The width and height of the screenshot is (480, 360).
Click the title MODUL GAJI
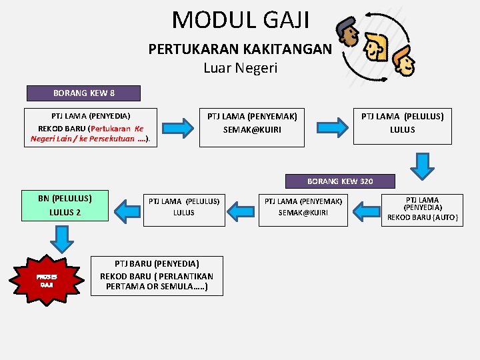[240, 20]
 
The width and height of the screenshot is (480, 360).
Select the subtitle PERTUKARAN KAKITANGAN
[239, 49]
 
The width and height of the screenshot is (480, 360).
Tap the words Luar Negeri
[240, 67]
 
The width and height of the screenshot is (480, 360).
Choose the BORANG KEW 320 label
[340, 181]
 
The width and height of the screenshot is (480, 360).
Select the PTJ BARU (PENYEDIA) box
[157, 275]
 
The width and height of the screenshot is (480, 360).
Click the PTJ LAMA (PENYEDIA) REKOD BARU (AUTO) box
[423, 209]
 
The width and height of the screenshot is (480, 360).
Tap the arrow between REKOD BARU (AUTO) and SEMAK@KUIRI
[365, 210]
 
